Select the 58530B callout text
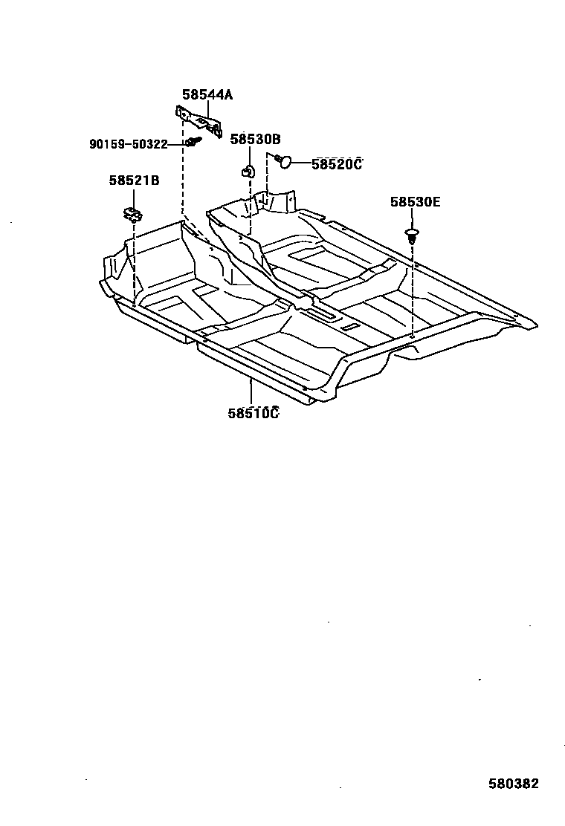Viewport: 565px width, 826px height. point(254,139)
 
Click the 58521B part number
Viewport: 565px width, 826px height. point(134,181)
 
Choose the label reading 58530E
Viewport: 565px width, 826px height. point(415,201)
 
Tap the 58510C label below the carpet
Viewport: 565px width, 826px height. point(253,413)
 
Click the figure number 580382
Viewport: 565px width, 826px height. point(513,784)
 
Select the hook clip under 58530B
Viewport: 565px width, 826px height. point(248,170)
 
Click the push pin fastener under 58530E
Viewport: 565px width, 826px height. point(413,235)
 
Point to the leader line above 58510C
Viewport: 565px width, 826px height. point(251,391)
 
